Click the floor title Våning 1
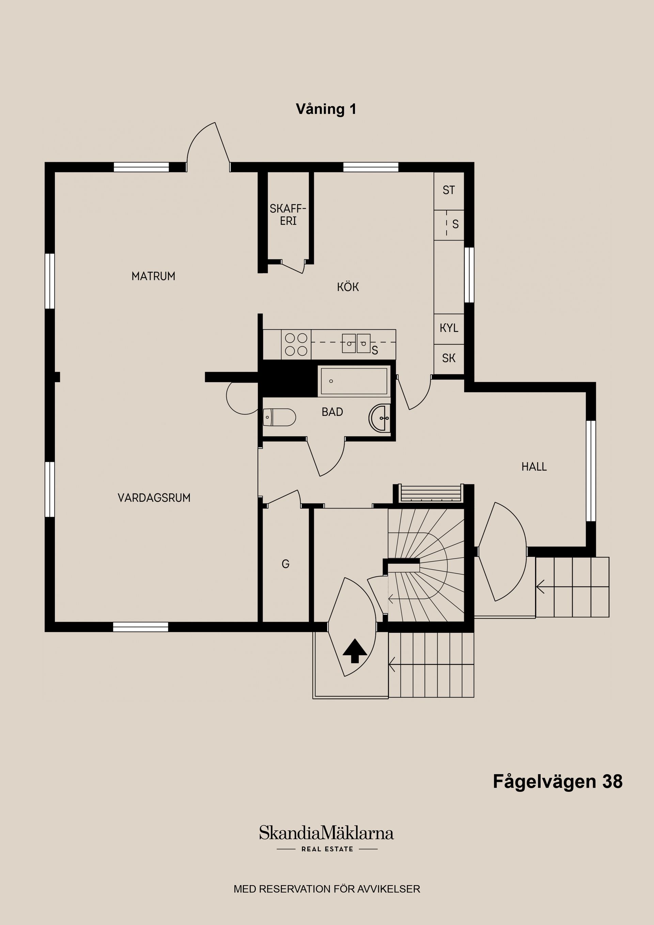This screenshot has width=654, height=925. (x=326, y=109)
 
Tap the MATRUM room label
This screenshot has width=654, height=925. (x=153, y=276)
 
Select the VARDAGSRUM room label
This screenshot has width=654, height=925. (x=154, y=498)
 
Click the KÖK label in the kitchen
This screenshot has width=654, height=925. (x=348, y=287)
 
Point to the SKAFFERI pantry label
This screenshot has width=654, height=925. (x=288, y=215)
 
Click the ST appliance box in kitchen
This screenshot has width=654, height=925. (x=449, y=190)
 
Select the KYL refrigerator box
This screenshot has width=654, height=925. (x=449, y=328)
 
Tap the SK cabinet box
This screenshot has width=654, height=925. (x=449, y=358)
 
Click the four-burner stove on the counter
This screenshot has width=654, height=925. (x=296, y=344)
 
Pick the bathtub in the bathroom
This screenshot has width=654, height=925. (x=354, y=381)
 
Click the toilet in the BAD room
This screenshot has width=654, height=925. (x=279, y=418)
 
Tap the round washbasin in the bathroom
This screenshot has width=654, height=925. (x=379, y=418)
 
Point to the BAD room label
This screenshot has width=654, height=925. (x=332, y=412)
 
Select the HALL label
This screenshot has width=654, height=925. (x=534, y=467)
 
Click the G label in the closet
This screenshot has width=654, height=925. (x=285, y=564)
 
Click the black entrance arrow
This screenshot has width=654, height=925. (x=355, y=650)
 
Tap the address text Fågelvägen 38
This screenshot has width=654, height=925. (x=558, y=782)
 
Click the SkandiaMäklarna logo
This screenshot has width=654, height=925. (x=326, y=833)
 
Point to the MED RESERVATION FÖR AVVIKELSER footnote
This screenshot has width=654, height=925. (x=327, y=889)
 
